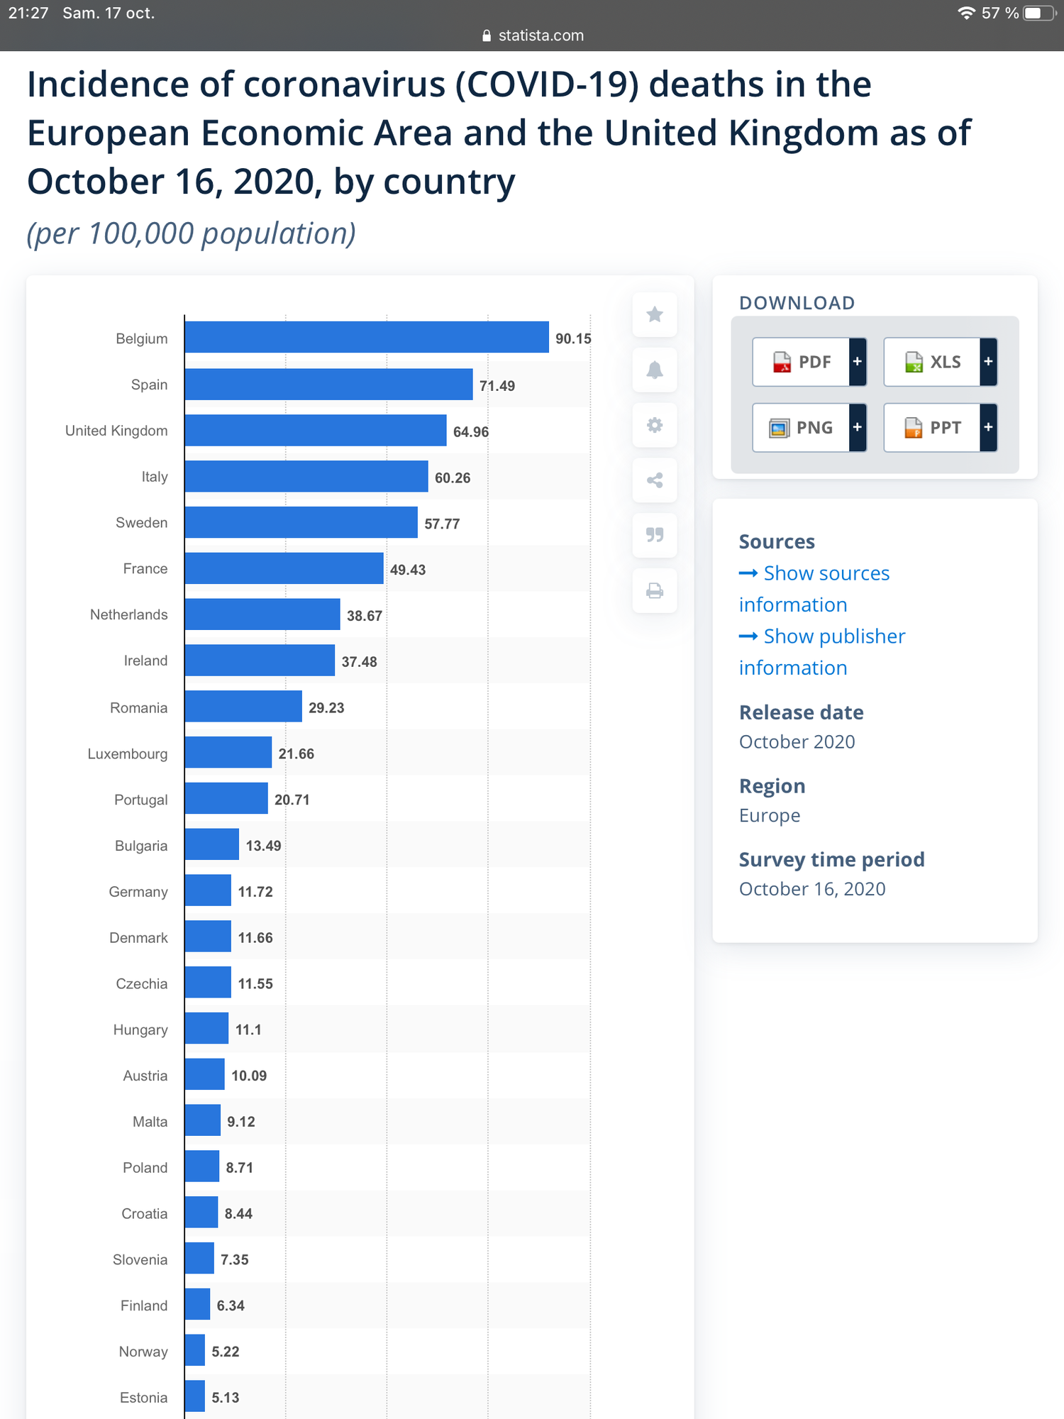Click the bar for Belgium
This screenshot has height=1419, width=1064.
click(x=367, y=337)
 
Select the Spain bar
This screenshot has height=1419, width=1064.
click(x=329, y=384)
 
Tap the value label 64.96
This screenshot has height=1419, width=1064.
click(x=471, y=432)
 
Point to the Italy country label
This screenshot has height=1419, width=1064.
click(x=155, y=477)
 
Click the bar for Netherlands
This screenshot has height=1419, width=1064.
click(x=262, y=614)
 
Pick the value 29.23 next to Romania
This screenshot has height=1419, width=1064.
click(x=326, y=708)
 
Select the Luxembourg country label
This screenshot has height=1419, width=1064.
click(x=128, y=753)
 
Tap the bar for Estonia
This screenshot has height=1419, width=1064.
click(x=195, y=1396)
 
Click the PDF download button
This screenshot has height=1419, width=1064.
click(x=809, y=362)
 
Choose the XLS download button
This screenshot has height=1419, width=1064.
click(x=941, y=362)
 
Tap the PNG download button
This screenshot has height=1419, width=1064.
click(x=809, y=428)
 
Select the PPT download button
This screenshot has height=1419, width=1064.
click(x=941, y=428)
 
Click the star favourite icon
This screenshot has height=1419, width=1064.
click(x=655, y=314)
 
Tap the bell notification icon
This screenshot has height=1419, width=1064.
click(x=655, y=370)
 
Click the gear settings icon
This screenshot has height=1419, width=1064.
click(x=655, y=425)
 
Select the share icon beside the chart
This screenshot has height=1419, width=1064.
click(x=655, y=480)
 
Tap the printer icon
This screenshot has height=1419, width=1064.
click(x=655, y=591)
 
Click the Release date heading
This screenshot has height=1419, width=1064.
click(x=802, y=712)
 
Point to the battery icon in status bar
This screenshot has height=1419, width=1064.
click(x=1040, y=13)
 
